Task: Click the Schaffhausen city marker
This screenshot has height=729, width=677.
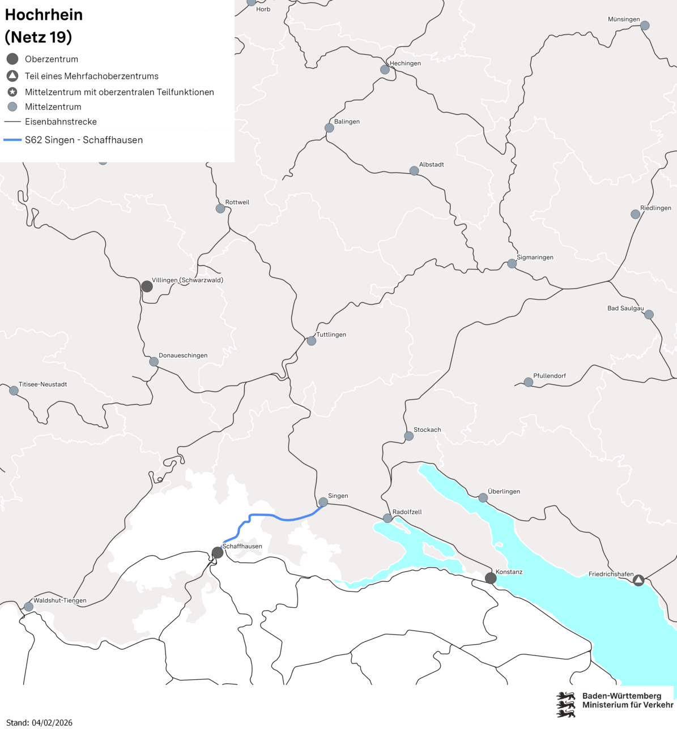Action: pyautogui.click(x=218, y=552)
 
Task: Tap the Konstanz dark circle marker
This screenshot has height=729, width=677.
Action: pyautogui.click(x=491, y=578)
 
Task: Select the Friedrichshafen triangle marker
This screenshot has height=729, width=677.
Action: pyautogui.click(x=638, y=580)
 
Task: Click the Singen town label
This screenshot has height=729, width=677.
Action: pyautogui.click(x=338, y=496)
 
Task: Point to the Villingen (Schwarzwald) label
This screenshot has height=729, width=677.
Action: pyautogui.click(x=188, y=280)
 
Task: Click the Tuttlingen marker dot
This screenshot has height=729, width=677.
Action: pyautogui.click(x=312, y=341)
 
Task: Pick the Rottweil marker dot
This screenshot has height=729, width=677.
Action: pyautogui.click(x=220, y=208)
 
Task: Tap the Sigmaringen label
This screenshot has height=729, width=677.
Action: pyautogui.click(x=535, y=257)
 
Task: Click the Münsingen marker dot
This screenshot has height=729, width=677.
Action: pyautogui.click(x=645, y=25)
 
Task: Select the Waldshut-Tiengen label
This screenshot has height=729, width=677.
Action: pyautogui.click(x=60, y=601)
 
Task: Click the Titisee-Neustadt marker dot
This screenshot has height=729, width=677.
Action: pyautogui.click(x=14, y=391)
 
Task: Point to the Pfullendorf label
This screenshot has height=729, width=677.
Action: pyautogui.click(x=550, y=376)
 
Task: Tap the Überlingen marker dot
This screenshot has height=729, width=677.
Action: pyautogui.click(x=483, y=498)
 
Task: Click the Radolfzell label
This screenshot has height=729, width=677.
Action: pyautogui.click(x=407, y=512)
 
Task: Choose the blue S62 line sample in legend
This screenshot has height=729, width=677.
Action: pyautogui.click(x=12, y=140)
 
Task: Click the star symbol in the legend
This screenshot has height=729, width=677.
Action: pyautogui.click(x=12, y=92)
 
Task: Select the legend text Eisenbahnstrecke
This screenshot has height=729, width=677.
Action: pyautogui.click(x=61, y=122)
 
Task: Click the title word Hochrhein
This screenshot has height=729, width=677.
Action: pyautogui.click(x=44, y=15)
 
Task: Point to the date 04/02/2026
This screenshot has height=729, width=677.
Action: pyautogui.click(x=52, y=722)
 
